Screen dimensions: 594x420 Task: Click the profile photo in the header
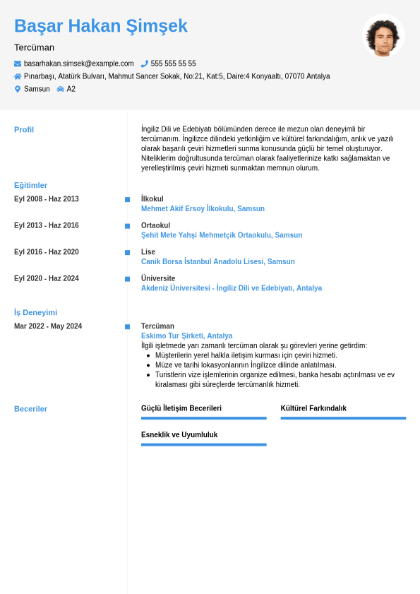383,36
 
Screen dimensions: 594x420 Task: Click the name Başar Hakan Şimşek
101,26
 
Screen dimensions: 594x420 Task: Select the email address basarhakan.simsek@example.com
79,64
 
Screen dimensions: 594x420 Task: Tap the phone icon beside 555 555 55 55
145,64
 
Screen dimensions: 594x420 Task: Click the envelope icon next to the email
18,64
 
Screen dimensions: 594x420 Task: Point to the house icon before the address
18,76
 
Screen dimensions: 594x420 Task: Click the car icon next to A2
61,89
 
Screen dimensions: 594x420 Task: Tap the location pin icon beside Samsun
18,89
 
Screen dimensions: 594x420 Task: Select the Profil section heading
24,129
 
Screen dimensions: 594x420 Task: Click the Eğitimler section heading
30,185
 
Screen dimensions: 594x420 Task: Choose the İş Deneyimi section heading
35,312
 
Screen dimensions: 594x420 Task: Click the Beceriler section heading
30,409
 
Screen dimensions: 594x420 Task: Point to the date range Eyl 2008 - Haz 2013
47,199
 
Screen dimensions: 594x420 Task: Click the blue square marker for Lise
127,252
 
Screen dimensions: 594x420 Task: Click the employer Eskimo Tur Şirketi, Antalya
186,336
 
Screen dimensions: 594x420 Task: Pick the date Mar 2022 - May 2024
48,326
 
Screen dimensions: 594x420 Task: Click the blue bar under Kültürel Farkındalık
343,418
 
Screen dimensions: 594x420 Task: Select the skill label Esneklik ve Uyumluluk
179,435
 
